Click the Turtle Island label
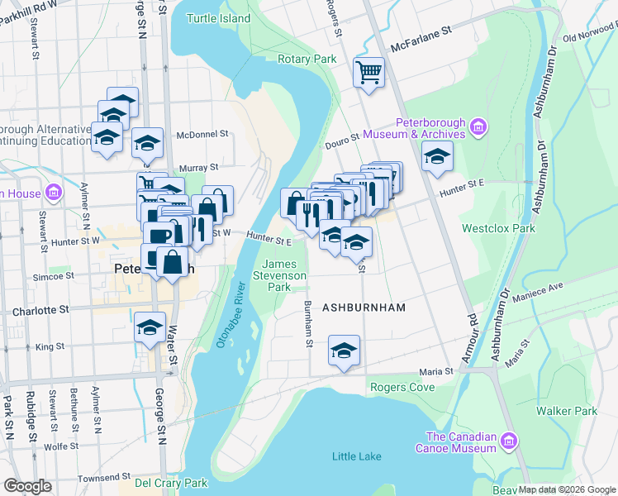click(x=218, y=18)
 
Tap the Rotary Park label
click(x=307, y=60)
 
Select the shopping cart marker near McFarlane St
click(x=368, y=71)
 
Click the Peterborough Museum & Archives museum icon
click(x=478, y=127)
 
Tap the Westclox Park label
click(x=498, y=228)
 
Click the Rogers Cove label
click(x=402, y=387)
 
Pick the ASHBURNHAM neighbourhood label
click(x=364, y=308)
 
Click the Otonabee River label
click(x=231, y=315)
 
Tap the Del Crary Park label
click(x=171, y=483)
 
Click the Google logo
click(x=28, y=486)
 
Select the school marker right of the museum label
click(x=437, y=155)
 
